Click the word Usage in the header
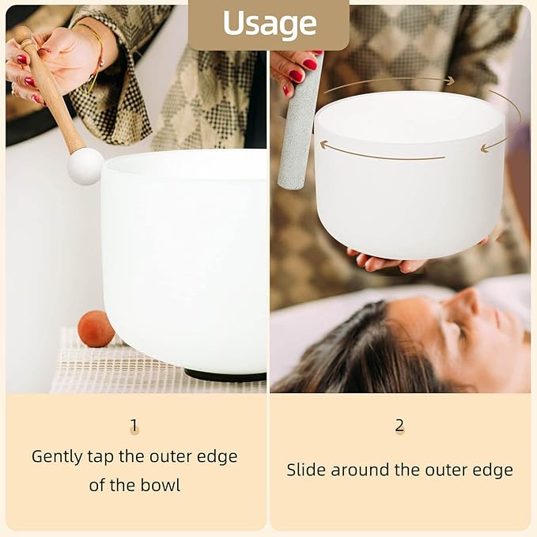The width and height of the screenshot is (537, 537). point(268,24)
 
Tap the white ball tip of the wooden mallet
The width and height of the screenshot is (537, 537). point(85,165)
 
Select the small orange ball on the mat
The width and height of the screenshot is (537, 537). point(96,329)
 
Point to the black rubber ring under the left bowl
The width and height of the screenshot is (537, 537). point(225,375)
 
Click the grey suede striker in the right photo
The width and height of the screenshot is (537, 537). point(299,127)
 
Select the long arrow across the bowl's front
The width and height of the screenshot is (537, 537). point(380,152)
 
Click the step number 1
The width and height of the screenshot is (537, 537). point(134,426)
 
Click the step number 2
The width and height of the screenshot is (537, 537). point(399,425)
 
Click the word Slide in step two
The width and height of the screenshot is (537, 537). point(306,470)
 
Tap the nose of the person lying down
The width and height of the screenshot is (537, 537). point(472,301)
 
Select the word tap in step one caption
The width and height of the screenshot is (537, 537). point(111,456)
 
